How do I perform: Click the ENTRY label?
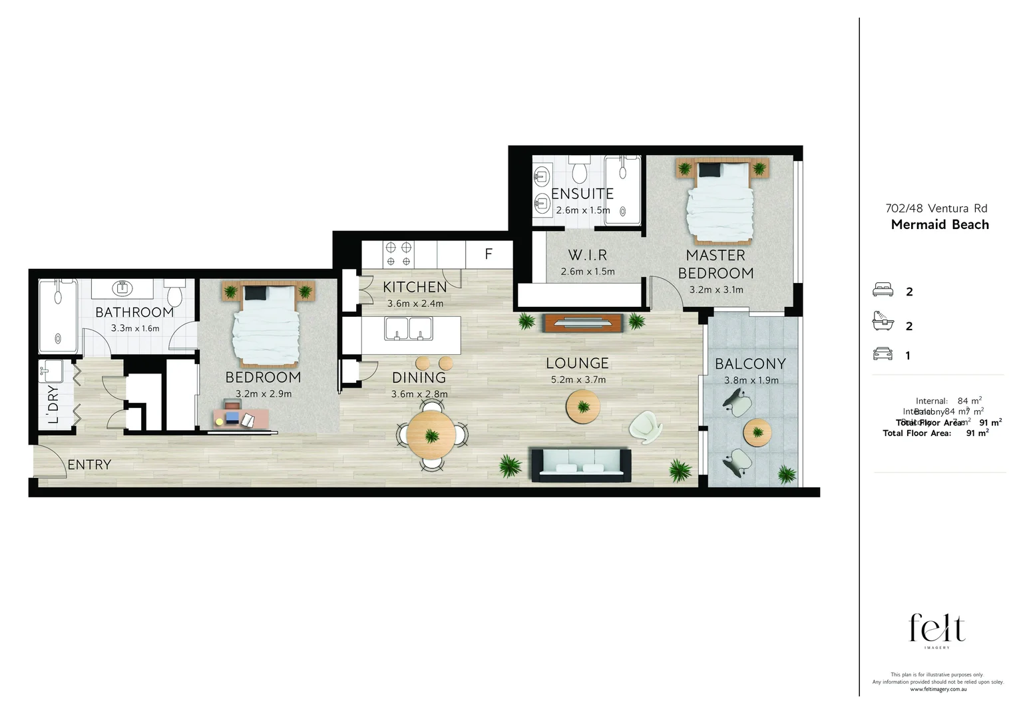pos(89,465)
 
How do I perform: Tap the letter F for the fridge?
pos(489,254)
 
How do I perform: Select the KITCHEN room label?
pos(415,287)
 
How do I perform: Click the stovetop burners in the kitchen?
pos(398,254)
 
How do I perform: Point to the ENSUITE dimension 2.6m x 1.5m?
pos(583,210)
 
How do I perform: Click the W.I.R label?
pos(587,255)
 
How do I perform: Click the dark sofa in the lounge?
pos(580,465)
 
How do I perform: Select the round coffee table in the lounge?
pos(584,407)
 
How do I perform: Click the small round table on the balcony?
pos(757,432)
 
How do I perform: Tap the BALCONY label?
pos(750,364)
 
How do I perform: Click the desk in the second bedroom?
pos(242,417)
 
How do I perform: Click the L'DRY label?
pos(53,403)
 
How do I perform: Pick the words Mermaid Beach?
pos(940,224)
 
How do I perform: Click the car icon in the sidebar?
pos(883,354)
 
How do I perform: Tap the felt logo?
pos(937,629)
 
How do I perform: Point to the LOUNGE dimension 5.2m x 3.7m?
pos(577,380)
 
